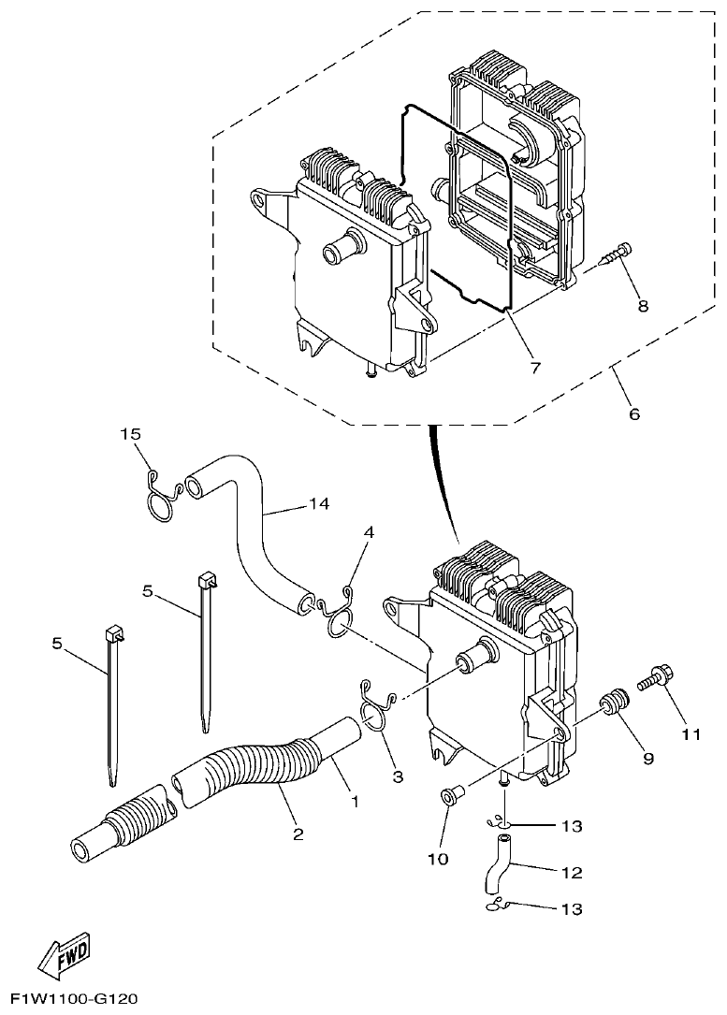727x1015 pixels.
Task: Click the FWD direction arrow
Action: click(x=64, y=952)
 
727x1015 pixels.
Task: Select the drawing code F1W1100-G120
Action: click(x=71, y=1000)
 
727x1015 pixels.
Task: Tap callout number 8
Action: click(x=642, y=305)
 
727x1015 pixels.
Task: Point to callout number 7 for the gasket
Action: click(x=535, y=367)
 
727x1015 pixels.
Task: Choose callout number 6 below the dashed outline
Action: click(x=633, y=413)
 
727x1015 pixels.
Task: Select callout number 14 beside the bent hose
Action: click(x=319, y=504)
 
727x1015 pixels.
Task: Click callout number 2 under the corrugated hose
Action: click(x=298, y=833)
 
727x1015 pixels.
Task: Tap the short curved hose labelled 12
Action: click(x=496, y=865)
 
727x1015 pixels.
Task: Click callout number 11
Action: click(x=691, y=734)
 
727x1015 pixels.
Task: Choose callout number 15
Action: click(x=131, y=434)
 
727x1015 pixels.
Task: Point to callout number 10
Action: click(x=440, y=858)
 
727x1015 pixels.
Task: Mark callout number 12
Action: click(x=572, y=872)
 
